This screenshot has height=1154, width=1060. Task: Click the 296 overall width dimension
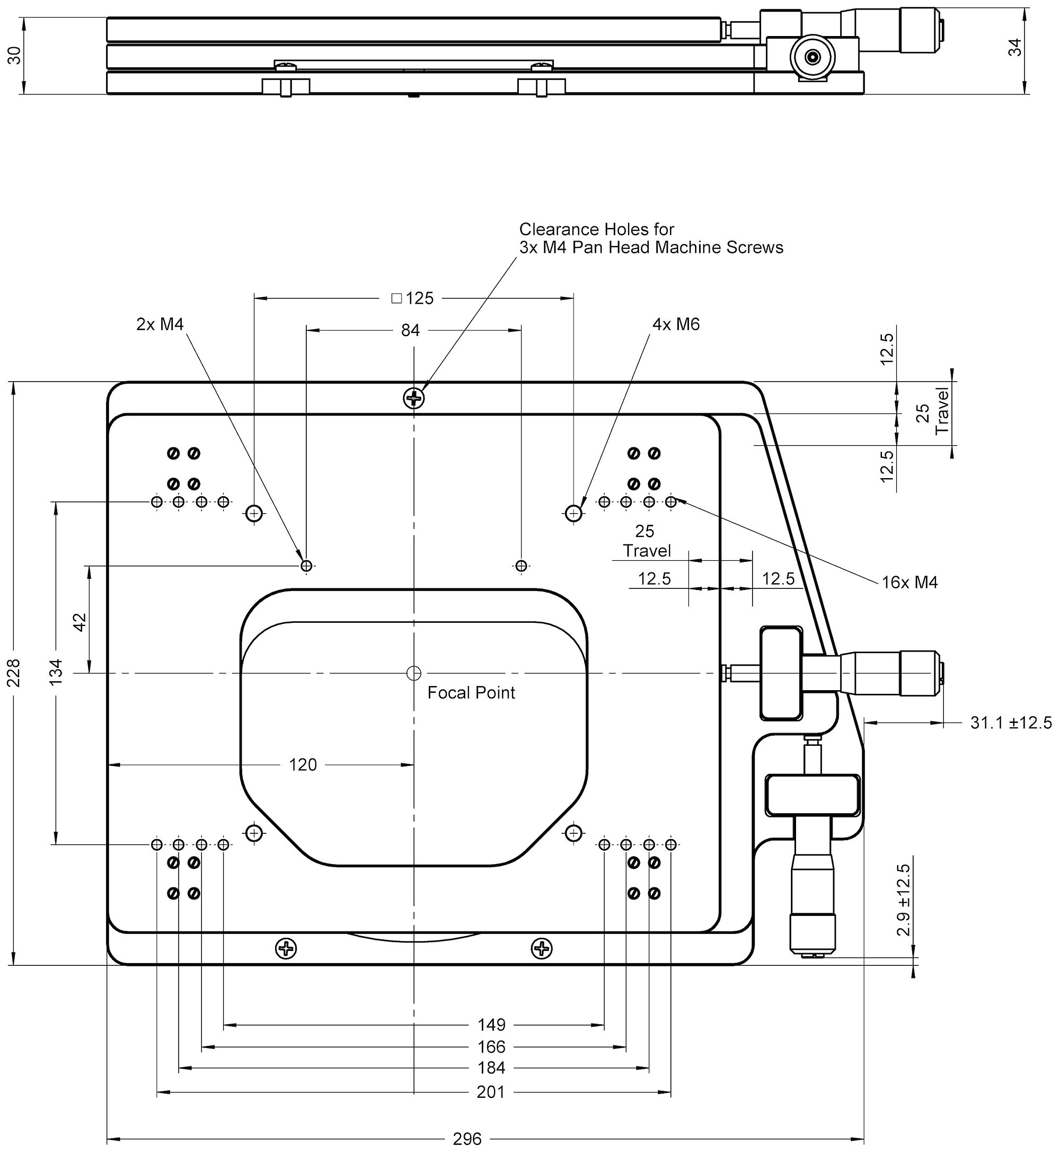click(467, 1138)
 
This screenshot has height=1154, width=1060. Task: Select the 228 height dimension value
click(13, 672)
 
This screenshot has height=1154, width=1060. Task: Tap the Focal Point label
click(471, 693)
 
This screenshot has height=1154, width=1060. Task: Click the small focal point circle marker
click(413, 673)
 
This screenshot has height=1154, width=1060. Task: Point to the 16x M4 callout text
click(909, 583)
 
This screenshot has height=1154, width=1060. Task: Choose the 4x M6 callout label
click(676, 324)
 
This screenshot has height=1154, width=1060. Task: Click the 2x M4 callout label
click(160, 324)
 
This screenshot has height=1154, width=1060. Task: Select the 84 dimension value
click(410, 330)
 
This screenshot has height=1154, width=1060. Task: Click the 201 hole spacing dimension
click(491, 1092)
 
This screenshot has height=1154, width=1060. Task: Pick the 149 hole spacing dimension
click(491, 1024)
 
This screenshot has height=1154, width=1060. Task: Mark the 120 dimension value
click(303, 764)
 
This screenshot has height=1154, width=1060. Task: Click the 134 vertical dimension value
click(56, 672)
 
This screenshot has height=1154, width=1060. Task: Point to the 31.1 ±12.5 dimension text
click(1011, 723)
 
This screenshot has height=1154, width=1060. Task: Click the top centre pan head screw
click(414, 397)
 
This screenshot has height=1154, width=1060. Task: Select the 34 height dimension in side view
click(1015, 47)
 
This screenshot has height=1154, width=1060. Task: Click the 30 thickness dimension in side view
click(14, 55)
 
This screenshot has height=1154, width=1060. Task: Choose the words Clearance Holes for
click(597, 230)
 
